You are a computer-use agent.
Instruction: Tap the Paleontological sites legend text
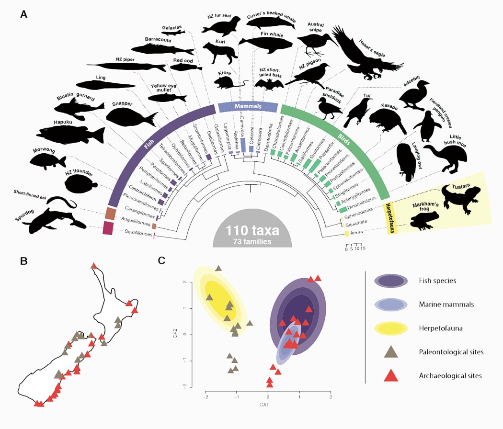coord(451,352)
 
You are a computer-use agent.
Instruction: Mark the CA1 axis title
coord(267,406)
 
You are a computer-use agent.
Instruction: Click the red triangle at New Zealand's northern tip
coord(94,266)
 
